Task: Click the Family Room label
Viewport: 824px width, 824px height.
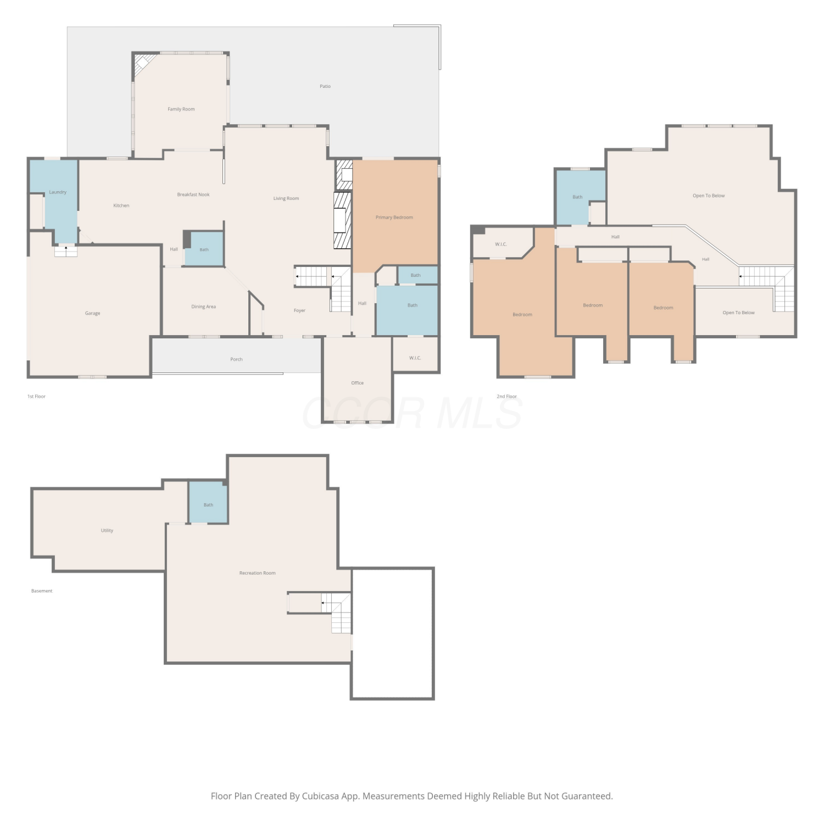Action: tap(181, 109)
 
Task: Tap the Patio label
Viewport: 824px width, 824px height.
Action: tap(325, 86)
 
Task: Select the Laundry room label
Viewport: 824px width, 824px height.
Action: tap(58, 192)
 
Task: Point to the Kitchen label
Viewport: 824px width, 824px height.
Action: tap(121, 205)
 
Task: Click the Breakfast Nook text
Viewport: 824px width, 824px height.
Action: tap(193, 194)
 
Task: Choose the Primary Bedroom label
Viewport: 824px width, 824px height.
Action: tap(394, 218)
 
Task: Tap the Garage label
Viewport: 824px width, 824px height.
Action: tap(92, 313)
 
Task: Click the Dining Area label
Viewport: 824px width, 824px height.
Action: tap(203, 307)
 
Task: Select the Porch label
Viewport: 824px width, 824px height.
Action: tap(236, 359)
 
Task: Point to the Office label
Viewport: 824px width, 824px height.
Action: tap(358, 383)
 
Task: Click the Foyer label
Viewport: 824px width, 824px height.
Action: tap(299, 310)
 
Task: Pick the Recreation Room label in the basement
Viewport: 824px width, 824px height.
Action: tap(258, 573)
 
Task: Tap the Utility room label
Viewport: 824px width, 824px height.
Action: tap(107, 531)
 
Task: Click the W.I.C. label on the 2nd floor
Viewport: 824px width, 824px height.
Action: tap(501, 244)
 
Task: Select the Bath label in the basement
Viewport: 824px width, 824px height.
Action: tap(208, 505)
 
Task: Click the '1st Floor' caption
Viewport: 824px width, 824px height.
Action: tap(37, 396)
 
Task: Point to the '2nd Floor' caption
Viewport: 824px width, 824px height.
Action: tap(507, 396)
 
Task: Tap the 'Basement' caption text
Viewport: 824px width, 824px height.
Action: tap(42, 591)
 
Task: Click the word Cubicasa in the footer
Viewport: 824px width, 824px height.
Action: tap(320, 796)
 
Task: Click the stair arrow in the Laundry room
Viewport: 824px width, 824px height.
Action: tap(66, 250)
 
